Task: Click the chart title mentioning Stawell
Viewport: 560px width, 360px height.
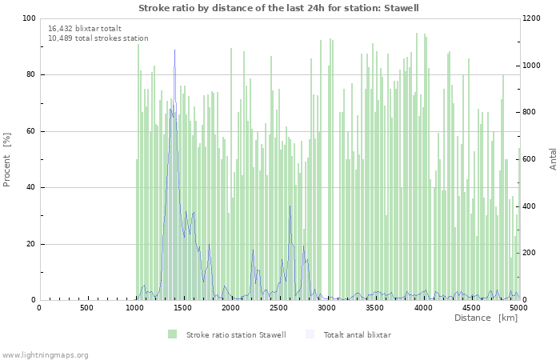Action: coord(278,8)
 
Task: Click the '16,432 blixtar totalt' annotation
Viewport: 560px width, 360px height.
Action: coord(84,29)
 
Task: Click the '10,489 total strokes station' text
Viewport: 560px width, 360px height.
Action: coord(98,38)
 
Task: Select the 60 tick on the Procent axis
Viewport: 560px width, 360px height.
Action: coord(31,131)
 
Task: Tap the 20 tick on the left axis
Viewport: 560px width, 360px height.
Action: coord(31,244)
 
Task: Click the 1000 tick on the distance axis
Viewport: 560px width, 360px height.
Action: coord(135,308)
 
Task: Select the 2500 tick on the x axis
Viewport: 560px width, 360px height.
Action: coord(279,308)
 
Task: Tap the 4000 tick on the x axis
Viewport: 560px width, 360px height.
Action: coord(423,308)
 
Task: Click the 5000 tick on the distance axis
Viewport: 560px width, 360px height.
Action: coord(518,308)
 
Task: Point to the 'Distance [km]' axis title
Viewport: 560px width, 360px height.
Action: coord(486,318)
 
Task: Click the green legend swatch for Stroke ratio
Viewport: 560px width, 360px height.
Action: coord(172,334)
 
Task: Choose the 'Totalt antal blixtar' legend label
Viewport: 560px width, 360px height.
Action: coord(357,334)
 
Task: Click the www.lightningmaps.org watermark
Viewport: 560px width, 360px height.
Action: coord(45,354)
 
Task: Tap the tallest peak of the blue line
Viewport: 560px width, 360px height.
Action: coord(174,50)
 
